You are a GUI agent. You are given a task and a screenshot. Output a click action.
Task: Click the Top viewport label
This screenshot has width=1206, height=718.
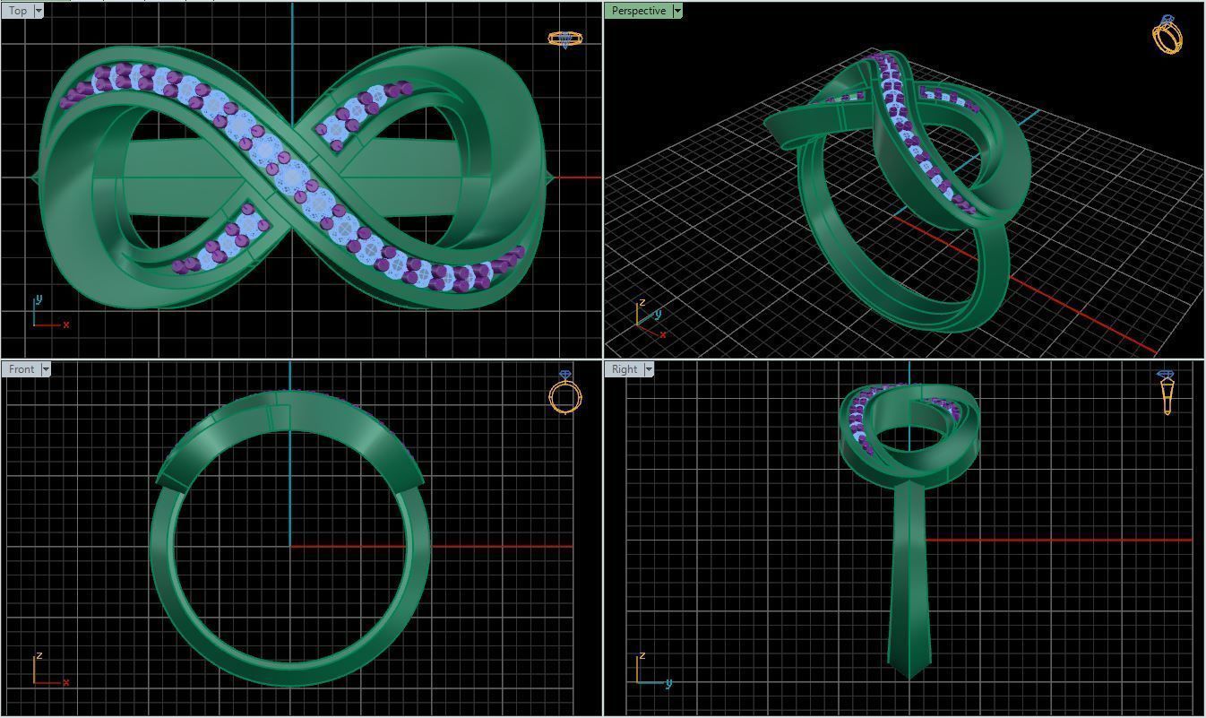[17, 11]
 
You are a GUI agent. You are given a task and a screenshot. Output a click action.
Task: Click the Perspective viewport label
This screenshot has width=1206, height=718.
[638, 11]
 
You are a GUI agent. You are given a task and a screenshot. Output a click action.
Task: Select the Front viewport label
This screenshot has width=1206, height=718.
[21, 369]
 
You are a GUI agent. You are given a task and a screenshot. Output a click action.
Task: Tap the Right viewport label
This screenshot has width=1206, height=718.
[624, 369]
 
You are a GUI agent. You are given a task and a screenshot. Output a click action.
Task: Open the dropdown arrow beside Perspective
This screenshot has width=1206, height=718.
[677, 11]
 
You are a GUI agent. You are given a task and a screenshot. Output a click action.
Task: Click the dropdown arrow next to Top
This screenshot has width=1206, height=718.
[39, 11]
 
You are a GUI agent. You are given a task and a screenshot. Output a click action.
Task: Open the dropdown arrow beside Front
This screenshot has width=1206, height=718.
[46, 369]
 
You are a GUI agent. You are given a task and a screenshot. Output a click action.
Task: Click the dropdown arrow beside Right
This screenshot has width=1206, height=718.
[649, 369]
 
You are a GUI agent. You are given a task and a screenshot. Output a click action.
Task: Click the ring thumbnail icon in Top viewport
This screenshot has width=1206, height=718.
[564, 39]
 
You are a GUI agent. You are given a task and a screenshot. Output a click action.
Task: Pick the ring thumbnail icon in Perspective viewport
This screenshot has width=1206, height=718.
[1167, 35]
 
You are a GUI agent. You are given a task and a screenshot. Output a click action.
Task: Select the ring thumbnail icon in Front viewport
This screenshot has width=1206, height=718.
[565, 393]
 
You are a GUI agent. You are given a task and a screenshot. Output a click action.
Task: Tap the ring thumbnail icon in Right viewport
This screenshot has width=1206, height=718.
[1167, 392]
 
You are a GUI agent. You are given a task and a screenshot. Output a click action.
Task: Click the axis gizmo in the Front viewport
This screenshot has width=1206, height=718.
[47, 671]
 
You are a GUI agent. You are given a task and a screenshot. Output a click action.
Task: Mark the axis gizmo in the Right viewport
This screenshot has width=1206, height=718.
[650, 672]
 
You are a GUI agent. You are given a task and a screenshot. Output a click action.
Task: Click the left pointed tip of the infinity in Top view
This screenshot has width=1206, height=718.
[34, 178]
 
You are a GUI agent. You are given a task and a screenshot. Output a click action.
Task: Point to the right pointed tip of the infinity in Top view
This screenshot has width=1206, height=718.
[549, 177]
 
